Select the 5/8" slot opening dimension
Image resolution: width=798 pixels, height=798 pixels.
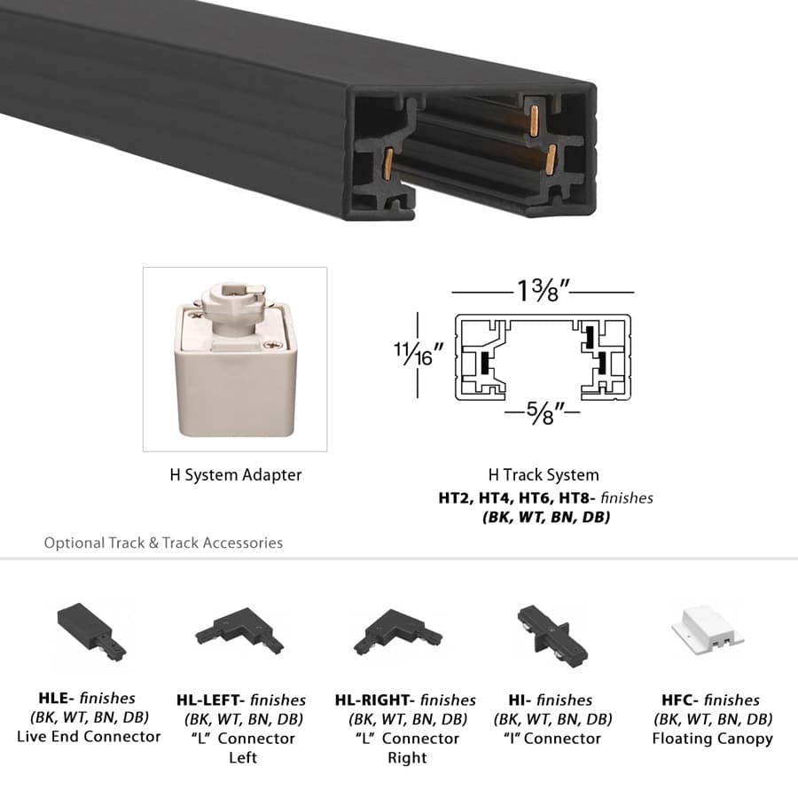[x=543, y=413]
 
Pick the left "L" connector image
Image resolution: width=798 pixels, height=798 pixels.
[x=239, y=632]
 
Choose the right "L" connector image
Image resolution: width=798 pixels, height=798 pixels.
[x=397, y=632]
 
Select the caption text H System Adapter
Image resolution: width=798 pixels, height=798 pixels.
[x=235, y=475]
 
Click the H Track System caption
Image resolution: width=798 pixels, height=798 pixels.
[x=544, y=475]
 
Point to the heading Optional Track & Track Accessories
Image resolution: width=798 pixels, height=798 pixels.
[x=163, y=543]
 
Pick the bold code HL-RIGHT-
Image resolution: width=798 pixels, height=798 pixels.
[x=375, y=700]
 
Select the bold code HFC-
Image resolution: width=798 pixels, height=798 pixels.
[x=680, y=699]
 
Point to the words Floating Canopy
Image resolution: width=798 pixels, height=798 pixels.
[x=712, y=738]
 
